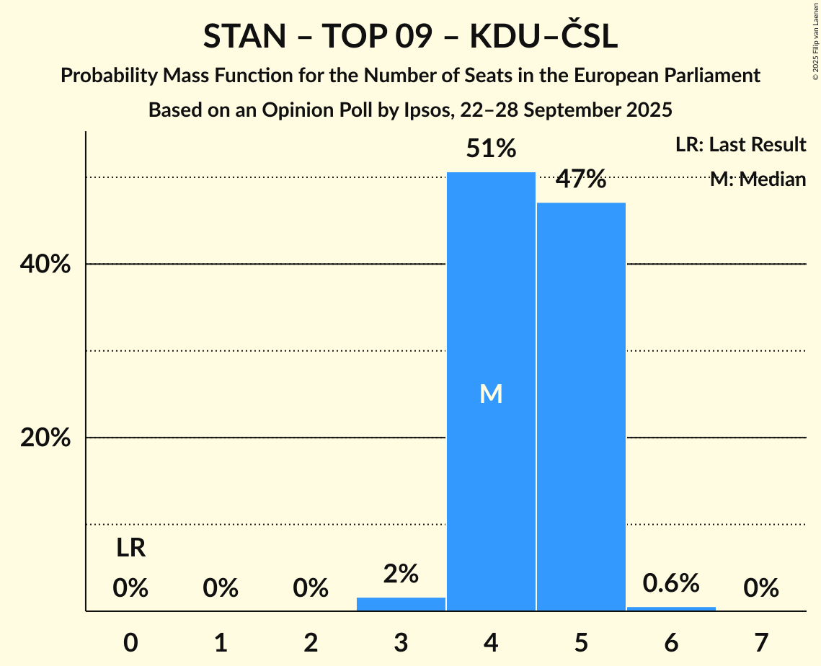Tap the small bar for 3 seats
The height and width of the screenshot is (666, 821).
[401, 604]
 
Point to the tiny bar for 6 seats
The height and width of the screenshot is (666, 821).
[671, 608]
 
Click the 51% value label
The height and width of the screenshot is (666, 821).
[491, 149]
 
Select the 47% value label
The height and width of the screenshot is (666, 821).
[581, 179]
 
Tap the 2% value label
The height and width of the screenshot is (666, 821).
[401, 574]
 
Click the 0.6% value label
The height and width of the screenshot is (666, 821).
[671, 583]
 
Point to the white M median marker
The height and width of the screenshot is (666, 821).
[491, 394]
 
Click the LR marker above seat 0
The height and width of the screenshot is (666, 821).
[131, 549]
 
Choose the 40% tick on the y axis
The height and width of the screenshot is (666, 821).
[45, 265]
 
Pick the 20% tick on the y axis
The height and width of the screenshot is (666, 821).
[45, 438]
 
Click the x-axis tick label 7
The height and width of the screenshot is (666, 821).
[761, 642]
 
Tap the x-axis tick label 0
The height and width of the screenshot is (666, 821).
[130, 642]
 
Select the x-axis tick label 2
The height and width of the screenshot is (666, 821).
[311, 642]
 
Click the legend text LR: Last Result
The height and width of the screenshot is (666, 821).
[740, 145]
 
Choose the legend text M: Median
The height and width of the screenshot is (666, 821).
[758, 179]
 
